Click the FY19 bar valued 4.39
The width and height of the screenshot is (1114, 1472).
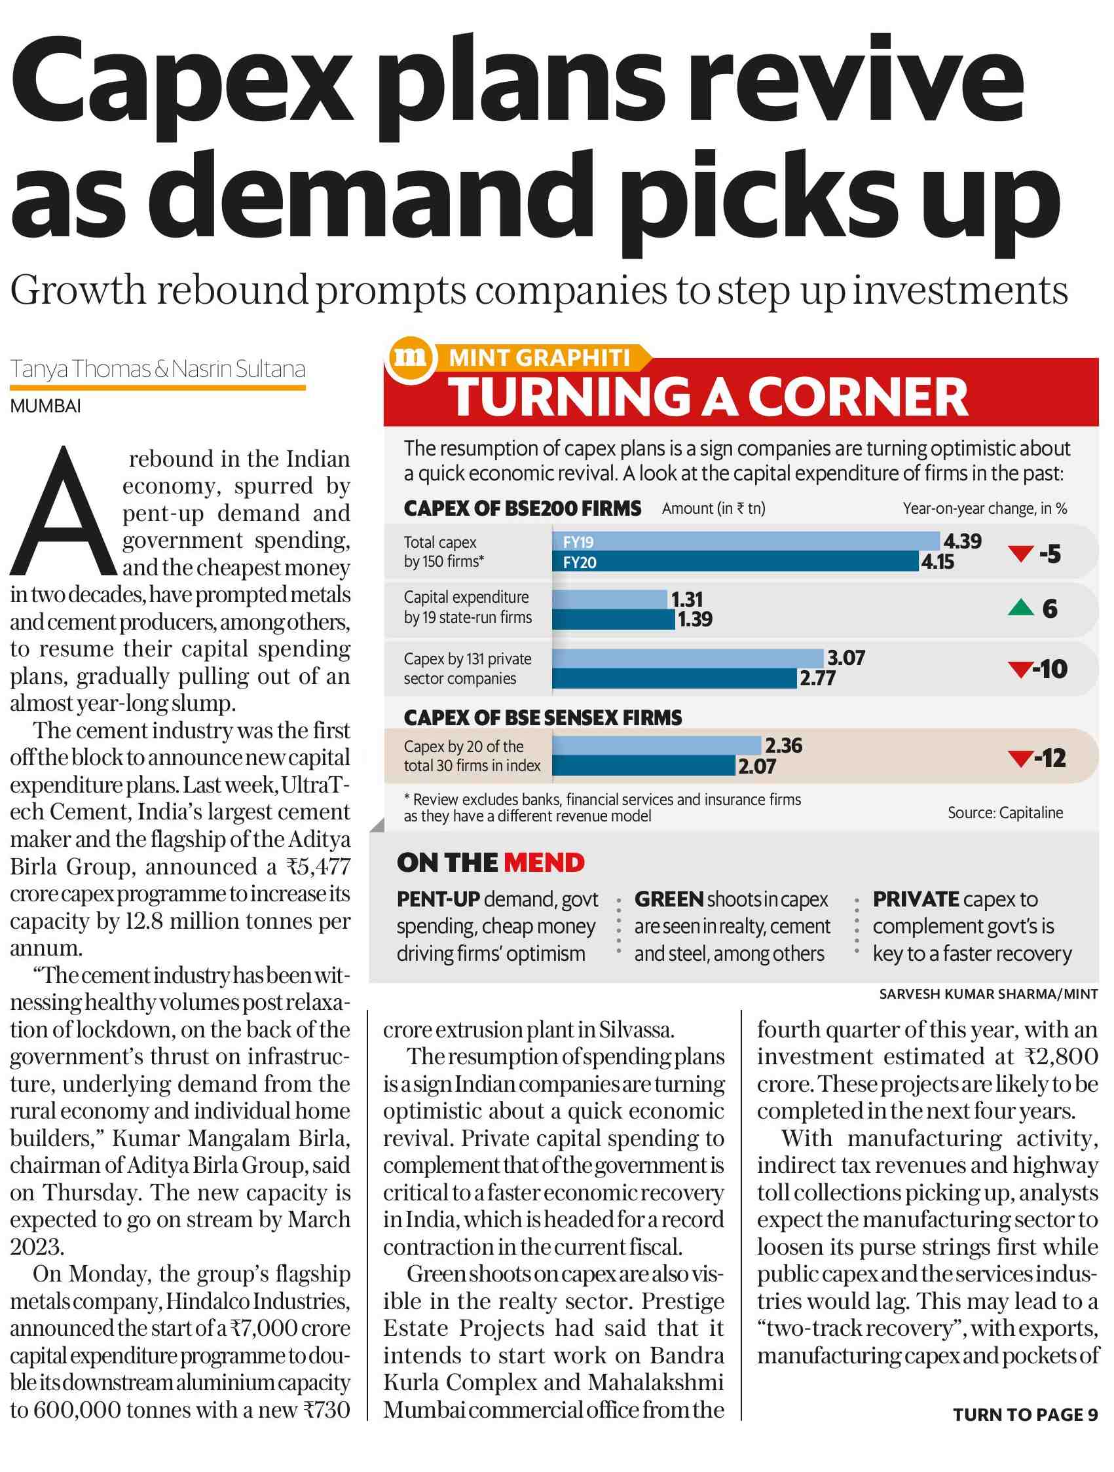pos(746,541)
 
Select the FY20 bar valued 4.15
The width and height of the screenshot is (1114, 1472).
pos(735,561)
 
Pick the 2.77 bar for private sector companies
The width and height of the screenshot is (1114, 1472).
pos(675,678)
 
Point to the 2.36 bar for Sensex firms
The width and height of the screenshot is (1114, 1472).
pos(657,745)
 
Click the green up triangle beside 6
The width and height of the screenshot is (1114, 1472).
pos(1020,607)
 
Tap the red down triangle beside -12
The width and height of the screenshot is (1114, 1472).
pos(1020,758)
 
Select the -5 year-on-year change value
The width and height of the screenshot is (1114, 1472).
pos(1050,554)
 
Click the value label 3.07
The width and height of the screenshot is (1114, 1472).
pos(845,658)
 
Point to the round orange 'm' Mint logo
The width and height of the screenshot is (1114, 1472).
pos(410,358)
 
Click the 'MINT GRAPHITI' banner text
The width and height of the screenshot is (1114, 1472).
pos(540,358)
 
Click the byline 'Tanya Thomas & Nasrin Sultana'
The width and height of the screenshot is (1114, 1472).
pos(158,368)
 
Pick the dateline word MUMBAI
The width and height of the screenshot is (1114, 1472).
pos(45,406)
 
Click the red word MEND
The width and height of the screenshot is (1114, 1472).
pos(544,863)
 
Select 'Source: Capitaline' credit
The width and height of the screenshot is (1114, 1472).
pos(1005,812)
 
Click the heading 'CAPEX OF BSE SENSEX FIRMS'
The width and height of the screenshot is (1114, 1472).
pos(543,717)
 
